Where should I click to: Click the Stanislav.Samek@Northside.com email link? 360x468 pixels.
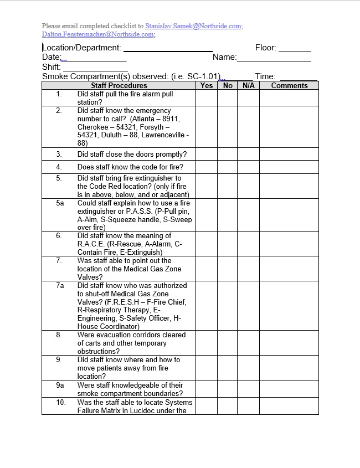pos(193,26)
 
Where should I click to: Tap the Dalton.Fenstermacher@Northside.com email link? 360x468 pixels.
pos(98,34)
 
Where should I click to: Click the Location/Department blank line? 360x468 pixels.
pos(167,49)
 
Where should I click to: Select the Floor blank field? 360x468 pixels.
pos(295,49)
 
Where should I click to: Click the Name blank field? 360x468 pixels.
pos(274,58)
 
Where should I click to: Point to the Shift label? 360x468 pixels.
pos(51,67)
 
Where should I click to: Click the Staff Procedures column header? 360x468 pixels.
pos(119,85)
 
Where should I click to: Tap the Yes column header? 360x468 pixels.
pos(207,85)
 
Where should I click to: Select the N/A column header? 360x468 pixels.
pos(249,85)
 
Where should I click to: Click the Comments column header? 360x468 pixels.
pos(289,85)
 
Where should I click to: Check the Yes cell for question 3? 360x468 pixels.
pos(207,155)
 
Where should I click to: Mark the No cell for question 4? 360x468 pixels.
pos(228,167)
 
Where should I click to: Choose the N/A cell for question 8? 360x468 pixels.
pos(249,343)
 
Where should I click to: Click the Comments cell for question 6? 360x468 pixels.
pos(289,244)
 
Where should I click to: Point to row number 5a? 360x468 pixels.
pos(60,203)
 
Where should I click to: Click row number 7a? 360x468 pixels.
pos(60,285)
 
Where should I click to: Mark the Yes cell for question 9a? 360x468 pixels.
pos(207,389)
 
